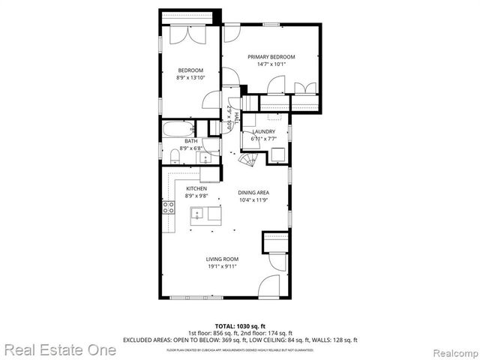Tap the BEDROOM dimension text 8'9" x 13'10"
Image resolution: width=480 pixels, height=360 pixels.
click(190, 77)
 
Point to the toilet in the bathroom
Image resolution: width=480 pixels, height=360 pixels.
click(175, 155)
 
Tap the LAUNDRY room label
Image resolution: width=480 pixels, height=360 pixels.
click(263, 132)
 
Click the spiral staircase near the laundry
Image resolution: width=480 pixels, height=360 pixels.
click(247, 162)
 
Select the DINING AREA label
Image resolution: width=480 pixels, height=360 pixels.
click(253, 193)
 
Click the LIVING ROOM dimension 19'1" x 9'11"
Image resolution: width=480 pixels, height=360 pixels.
click(223, 266)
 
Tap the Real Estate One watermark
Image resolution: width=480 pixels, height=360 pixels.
click(60, 349)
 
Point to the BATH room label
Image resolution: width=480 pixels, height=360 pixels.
click(191, 141)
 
